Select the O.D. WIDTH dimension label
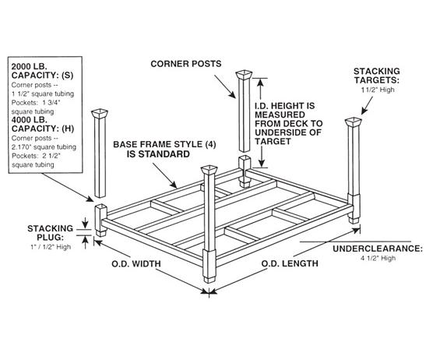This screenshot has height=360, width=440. (135, 263)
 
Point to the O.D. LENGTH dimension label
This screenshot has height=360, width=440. (287, 263)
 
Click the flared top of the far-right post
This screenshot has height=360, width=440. (354, 123)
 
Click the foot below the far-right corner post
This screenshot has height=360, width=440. (356, 221)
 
